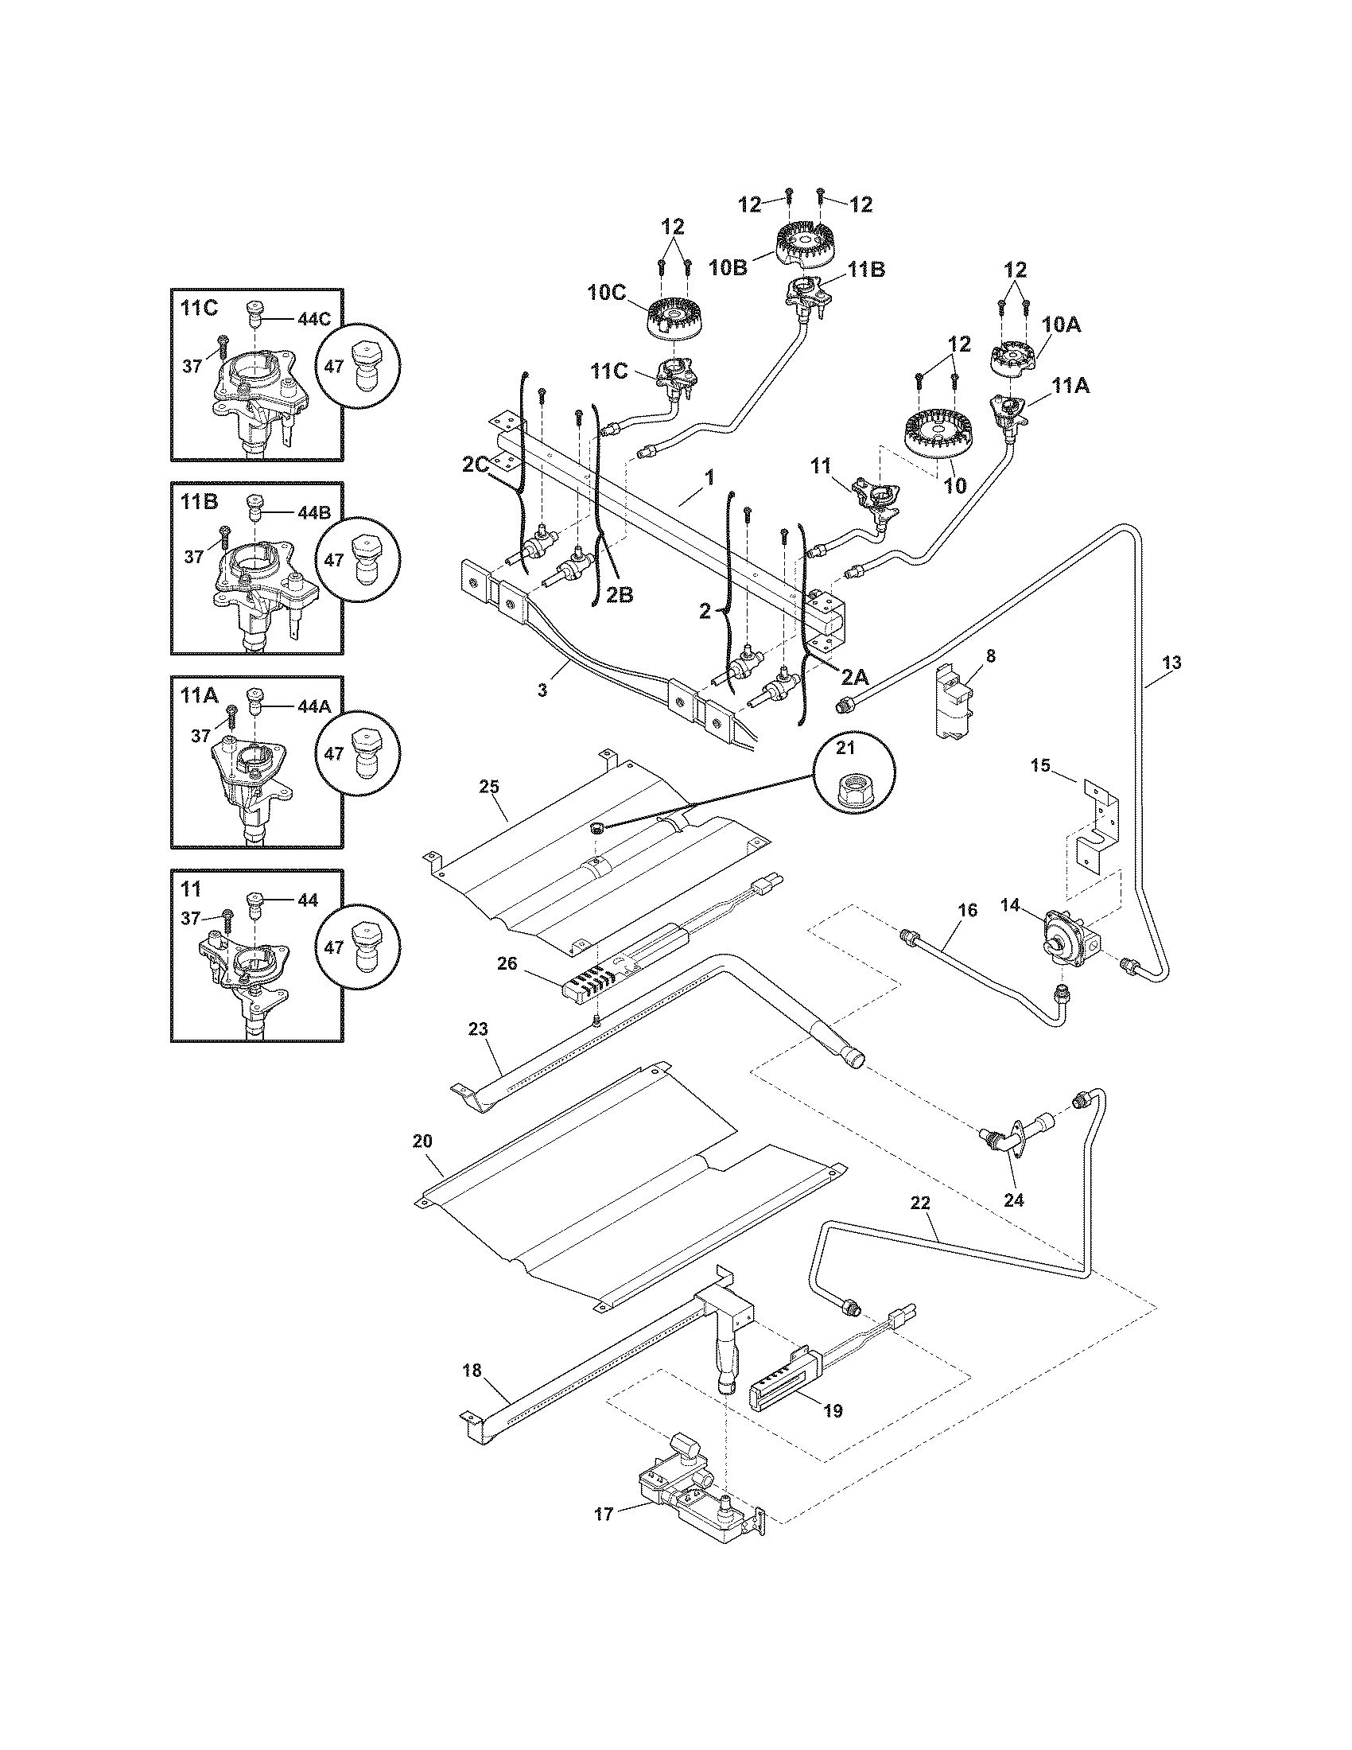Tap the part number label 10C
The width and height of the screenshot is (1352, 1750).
(606, 293)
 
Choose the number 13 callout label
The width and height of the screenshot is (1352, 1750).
(1171, 663)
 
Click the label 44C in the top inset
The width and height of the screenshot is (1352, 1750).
(313, 318)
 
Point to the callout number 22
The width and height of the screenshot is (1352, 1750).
(920, 1223)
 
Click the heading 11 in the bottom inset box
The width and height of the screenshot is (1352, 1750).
(191, 889)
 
